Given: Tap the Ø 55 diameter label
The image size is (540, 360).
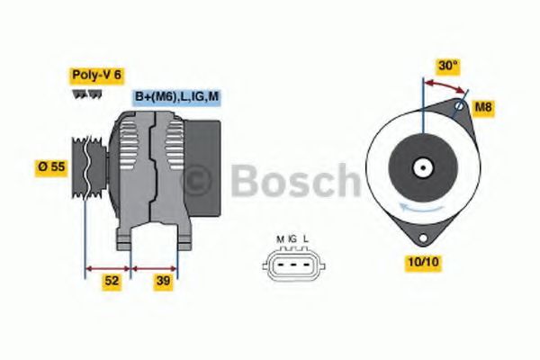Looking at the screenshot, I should pyautogui.click(x=50, y=167).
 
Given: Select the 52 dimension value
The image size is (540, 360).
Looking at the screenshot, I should pyautogui.click(x=111, y=281).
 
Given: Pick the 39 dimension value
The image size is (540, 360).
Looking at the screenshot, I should pyautogui.click(x=163, y=281).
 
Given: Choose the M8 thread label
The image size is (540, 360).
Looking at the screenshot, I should pyautogui.click(x=484, y=108).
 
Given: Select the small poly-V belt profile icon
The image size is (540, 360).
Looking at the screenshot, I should pyautogui.click(x=86, y=95).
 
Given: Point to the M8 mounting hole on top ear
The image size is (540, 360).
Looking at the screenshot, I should pyautogui.click(x=459, y=108).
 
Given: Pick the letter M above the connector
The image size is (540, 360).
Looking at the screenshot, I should pyautogui.click(x=280, y=238).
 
